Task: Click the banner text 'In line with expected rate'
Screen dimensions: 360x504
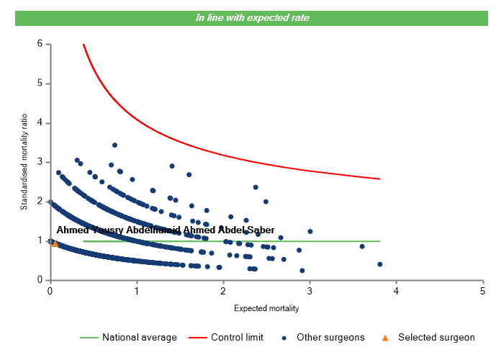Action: point(253,18)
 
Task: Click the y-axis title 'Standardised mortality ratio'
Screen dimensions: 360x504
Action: point(24,162)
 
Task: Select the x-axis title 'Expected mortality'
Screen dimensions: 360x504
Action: point(266,308)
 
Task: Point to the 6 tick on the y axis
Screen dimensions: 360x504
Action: point(40,44)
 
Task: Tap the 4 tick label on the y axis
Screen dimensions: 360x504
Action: point(40,123)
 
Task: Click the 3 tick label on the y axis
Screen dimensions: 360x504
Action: point(40,162)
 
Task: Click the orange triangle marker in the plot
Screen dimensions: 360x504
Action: point(55,243)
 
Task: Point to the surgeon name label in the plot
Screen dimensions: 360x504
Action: point(165,230)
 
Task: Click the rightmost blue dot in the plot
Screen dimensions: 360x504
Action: point(379,264)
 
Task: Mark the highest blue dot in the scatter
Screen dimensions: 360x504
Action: point(114,145)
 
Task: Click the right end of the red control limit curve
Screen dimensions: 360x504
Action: point(379,179)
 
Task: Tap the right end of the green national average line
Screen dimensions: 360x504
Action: point(379,241)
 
